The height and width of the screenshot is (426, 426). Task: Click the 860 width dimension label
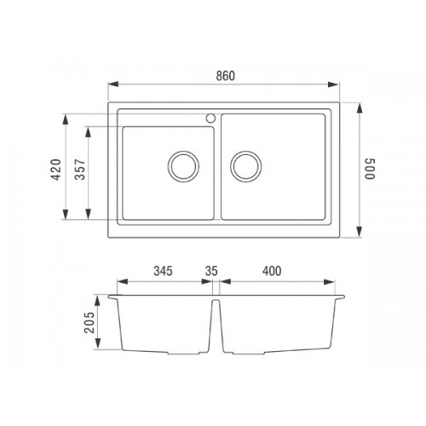(x=226, y=76)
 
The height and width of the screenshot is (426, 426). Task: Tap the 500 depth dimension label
(x=370, y=169)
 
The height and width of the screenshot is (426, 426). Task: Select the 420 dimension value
(x=56, y=170)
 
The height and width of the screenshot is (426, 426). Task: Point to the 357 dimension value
(x=80, y=170)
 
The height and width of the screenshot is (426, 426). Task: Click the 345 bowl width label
(x=163, y=271)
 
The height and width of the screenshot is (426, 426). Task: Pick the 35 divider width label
(x=211, y=271)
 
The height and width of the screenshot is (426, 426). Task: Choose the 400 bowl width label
(x=272, y=271)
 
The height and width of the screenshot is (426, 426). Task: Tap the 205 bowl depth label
(x=89, y=323)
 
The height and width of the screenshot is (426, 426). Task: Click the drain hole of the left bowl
(x=183, y=166)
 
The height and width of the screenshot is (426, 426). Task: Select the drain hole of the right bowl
(x=246, y=166)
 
